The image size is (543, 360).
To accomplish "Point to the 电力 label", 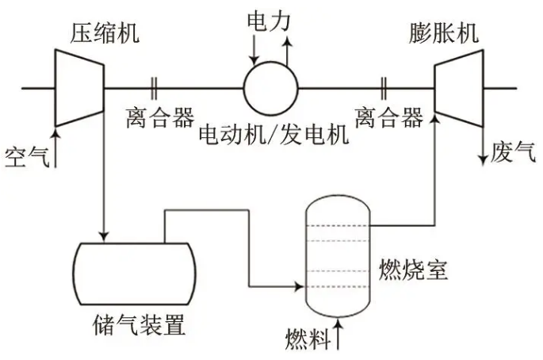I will click(270, 17).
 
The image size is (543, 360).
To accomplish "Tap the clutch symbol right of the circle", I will click(384, 88).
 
